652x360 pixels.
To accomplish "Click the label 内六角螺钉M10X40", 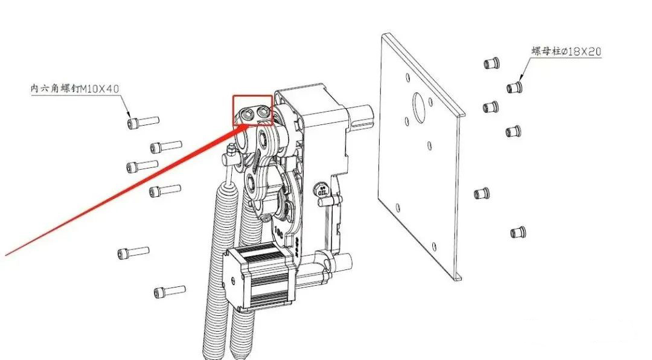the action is (x=75, y=89).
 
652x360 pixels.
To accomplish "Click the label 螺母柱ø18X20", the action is (x=566, y=51).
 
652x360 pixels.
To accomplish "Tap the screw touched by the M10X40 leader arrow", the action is (x=143, y=121).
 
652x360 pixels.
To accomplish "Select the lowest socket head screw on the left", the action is (x=170, y=291).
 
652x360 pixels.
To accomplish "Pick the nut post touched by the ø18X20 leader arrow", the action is (x=514, y=87).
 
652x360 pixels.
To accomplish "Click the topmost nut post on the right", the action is (x=491, y=63).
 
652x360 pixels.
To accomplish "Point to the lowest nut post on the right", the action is (x=518, y=232).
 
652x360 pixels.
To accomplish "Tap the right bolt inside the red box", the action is (x=264, y=111).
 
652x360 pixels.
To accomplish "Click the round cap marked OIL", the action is (x=322, y=189).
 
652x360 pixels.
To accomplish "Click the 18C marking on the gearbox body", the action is (x=278, y=232).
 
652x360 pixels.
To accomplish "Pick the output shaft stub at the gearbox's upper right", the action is (x=363, y=117).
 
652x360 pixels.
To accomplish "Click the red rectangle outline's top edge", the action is (x=252, y=96).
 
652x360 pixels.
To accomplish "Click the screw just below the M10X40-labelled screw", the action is (x=165, y=146).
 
